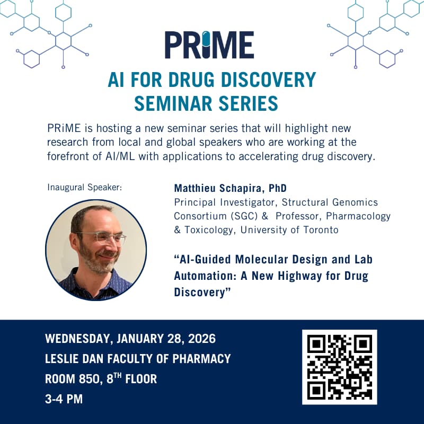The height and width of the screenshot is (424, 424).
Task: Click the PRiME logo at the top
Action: (x=209, y=45)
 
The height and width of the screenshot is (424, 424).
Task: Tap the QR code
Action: (x=339, y=367)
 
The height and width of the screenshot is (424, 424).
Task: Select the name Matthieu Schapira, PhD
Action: (x=226, y=189)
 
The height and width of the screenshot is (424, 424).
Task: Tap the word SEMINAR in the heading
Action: (x=175, y=103)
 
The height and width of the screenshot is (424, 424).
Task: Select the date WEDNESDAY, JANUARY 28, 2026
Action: (x=130, y=339)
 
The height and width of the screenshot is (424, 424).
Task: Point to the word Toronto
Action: (x=320, y=230)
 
